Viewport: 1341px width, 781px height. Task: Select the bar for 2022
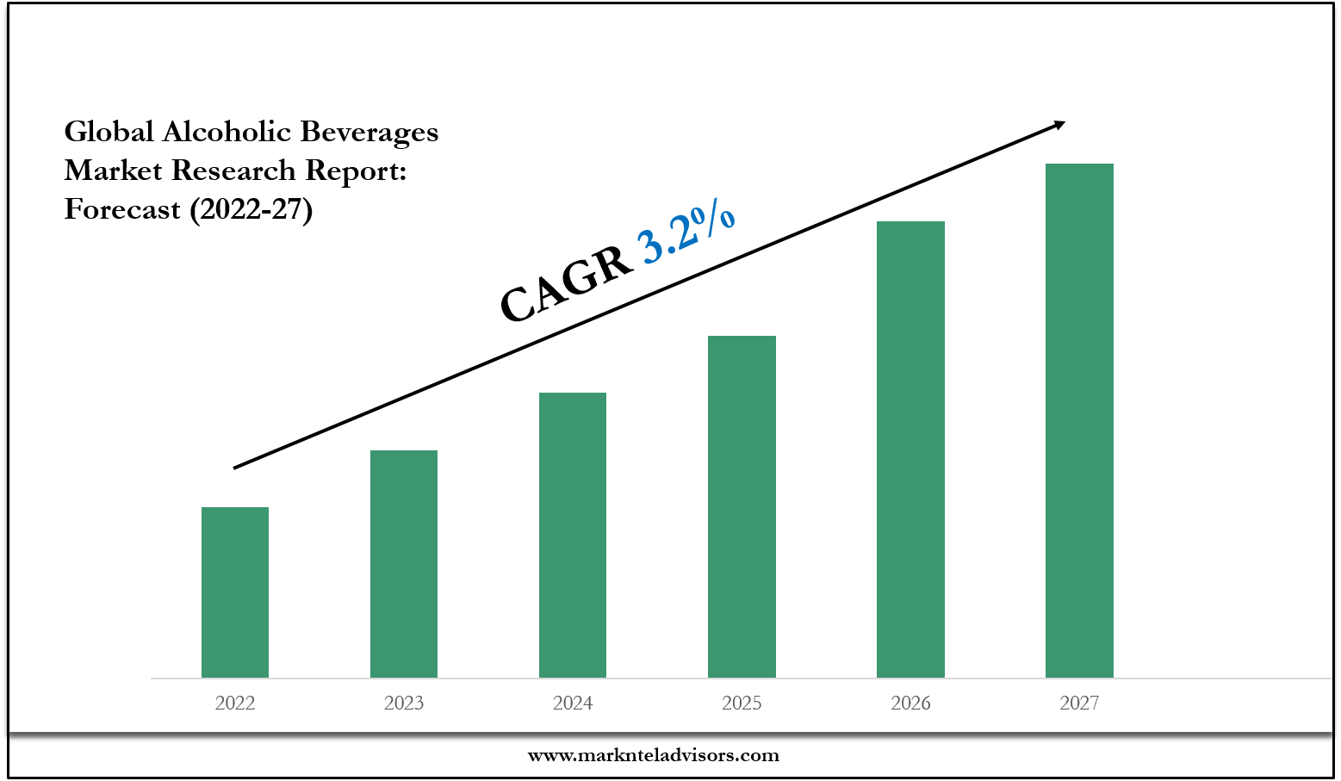pyautogui.click(x=235, y=592)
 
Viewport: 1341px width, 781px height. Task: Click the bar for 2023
pyautogui.click(x=404, y=564)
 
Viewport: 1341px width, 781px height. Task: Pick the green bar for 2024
pyautogui.click(x=573, y=535)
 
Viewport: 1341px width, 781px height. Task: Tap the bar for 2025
pyautogui.click(x=742, y=506)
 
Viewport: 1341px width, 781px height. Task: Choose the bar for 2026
pyautogui.click(x=910, y=449)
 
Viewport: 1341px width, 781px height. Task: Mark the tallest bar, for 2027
pyautogui.click(x=1079, y=420)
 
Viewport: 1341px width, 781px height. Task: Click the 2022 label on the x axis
pyautogui.click(x=235, y=704)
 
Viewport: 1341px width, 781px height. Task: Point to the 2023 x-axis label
pyautogui.click(x=404, y=704)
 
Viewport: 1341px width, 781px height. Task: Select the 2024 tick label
pyautogui.click(x=573, y=704)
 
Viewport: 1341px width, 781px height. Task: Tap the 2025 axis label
pyautogui.click(x=742, y=704)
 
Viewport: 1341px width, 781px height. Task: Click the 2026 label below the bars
pyautogui.click(x=910, y=704)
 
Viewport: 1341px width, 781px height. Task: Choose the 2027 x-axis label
pyautogui.click(x=1079, y=704)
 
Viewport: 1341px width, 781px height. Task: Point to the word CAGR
pyautogui.click(x=566, y=283)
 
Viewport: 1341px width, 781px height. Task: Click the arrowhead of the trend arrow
pyautogui.click(x=1059, y=125)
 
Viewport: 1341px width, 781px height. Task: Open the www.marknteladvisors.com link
pyautogui.click(x=653, y=755)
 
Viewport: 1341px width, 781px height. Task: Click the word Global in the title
pyautogui.click(x=109, y=132)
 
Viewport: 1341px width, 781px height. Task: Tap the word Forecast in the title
pyautogui.click(x=122, y=209)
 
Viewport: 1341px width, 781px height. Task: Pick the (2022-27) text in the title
pyautogui.click(x=251, y=209)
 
